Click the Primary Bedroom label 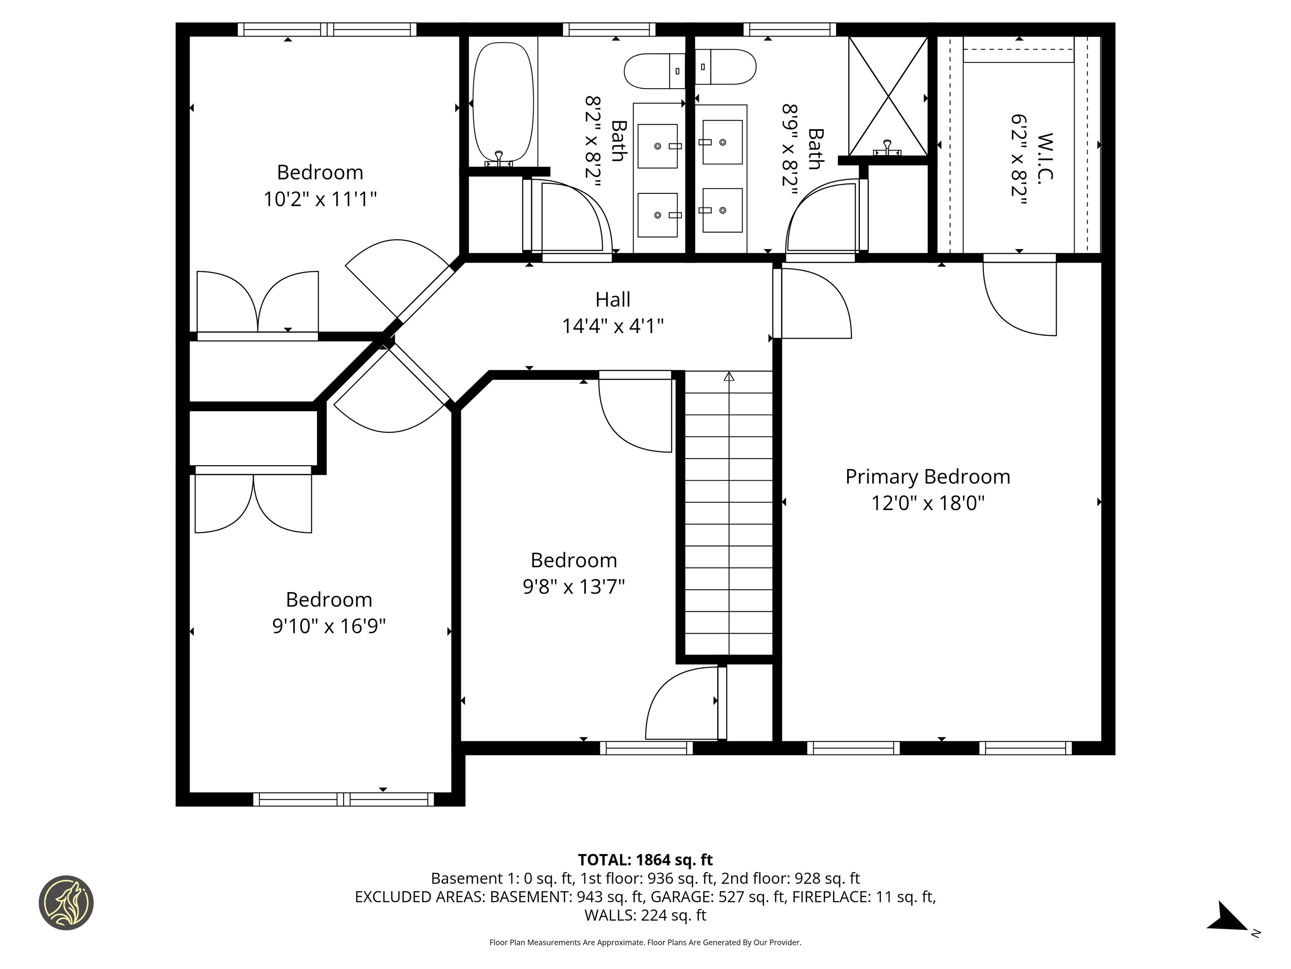[x=927, y=477]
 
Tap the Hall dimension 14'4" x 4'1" [x=612, y=326]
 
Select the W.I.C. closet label [x=1045, y=158]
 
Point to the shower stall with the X [x=887, y=96]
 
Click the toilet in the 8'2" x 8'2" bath [x=653, y=71]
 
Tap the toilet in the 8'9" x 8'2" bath [x=726, y=66]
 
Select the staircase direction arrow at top [x=729, y=377]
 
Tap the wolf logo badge [x=66, y=903]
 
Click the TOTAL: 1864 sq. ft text [x=645, y=860]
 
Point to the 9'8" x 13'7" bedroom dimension [x=574, y=586]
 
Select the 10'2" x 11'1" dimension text [x=320, y=199]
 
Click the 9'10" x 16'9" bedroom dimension [x=329, y=626]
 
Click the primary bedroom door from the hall [x=814, y=304]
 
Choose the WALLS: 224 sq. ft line [x=645, y=915]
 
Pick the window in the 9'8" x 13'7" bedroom [x=646, y=748]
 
